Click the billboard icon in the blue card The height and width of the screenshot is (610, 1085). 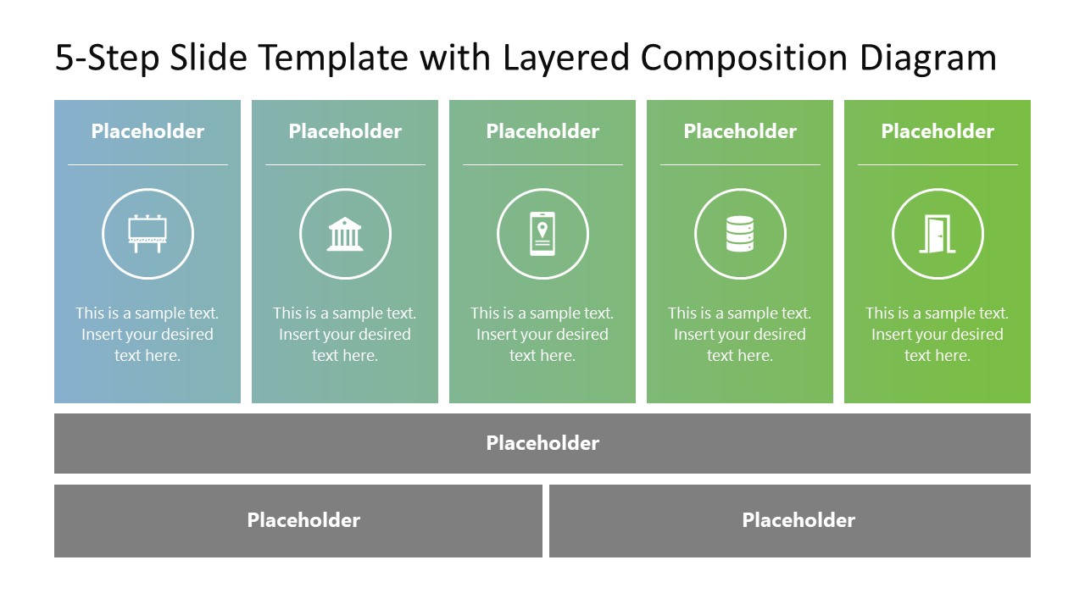147,234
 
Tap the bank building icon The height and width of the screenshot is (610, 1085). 345,234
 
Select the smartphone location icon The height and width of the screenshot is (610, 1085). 542,234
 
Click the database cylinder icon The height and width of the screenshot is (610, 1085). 740,234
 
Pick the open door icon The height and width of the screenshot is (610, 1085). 938,234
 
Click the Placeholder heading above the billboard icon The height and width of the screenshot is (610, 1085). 147,131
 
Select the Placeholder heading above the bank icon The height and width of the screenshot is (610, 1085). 345,131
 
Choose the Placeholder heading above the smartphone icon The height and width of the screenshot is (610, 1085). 542,131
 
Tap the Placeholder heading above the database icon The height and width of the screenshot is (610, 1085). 740,131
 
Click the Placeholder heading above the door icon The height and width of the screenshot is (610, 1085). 938,131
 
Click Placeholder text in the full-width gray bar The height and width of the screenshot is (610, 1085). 542,443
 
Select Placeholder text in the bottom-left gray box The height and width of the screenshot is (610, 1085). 303,520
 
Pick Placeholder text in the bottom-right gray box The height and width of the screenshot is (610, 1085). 798,520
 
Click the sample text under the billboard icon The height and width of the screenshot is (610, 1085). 147,335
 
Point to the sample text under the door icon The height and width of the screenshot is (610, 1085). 938,335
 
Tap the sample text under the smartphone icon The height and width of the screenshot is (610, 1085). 542,335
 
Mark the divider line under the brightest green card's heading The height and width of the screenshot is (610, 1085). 938,164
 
